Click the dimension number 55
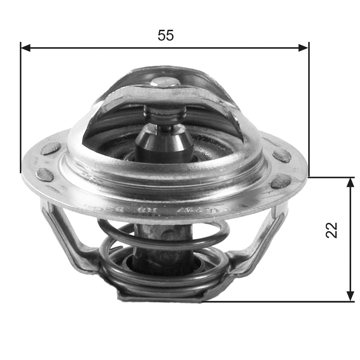point(166,35)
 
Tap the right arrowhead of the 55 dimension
point(303,48)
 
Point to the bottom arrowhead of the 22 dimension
point(350,296)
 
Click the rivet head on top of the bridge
point(165,82)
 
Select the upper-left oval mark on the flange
point(51,149)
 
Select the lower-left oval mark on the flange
point(45,174)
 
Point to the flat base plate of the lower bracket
point(160,298)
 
